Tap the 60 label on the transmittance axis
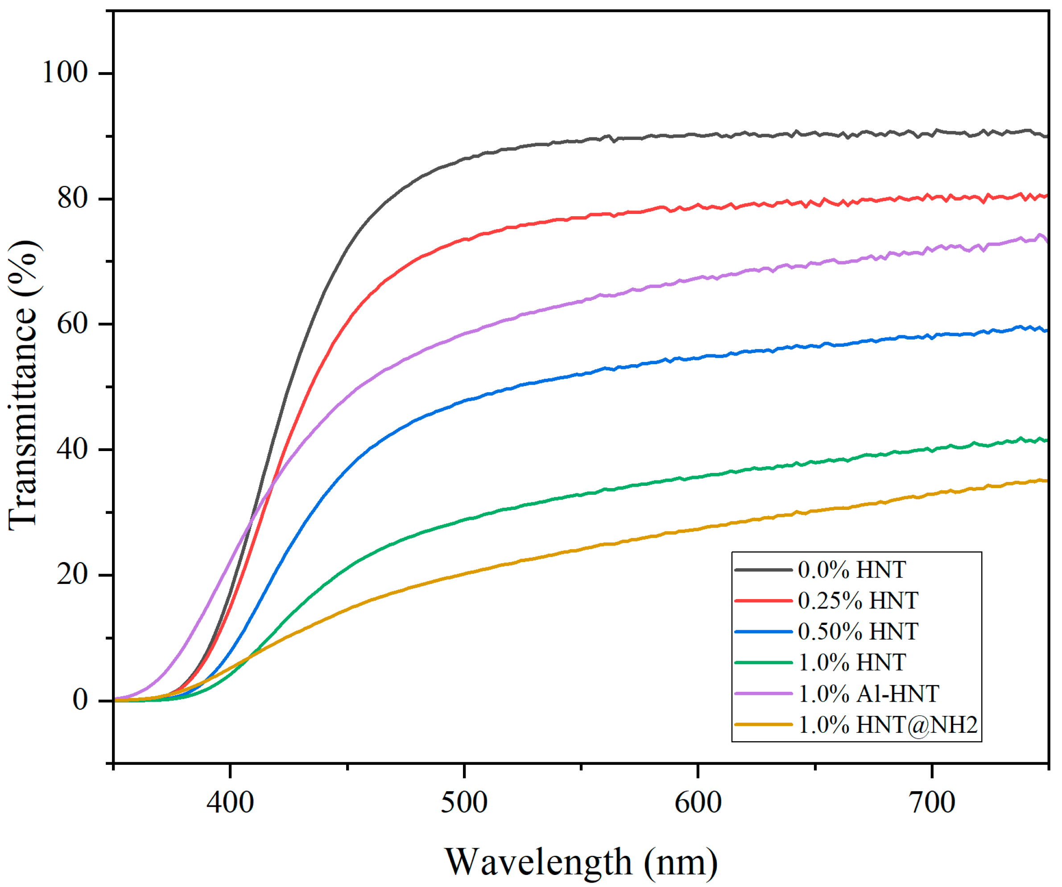pos(73,324)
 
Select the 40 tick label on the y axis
pos(73,449)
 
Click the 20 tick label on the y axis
pos(73,575)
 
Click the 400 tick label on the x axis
pos(230,803)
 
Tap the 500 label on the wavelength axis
pos(464,803)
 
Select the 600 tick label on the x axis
pos(698,803)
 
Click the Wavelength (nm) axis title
pos(581,862)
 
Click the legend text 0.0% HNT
pos(851,570)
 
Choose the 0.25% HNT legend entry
pos(858,601)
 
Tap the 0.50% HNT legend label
pos(858,632)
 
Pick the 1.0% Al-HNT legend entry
pos(868,694)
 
